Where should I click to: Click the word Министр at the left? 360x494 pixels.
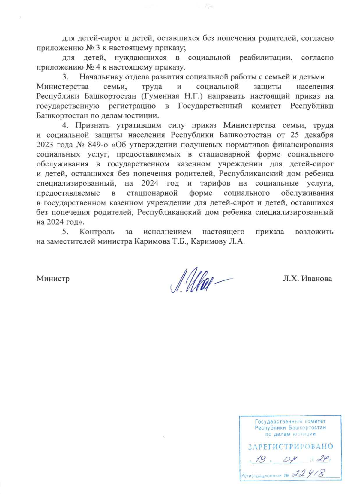[x=53, y=279]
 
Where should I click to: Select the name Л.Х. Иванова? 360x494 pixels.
[x=307, y=279]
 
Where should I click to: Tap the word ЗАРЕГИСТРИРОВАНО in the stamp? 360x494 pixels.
[x=290, y=447]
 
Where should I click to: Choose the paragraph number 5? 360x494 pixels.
[x=65, y=232]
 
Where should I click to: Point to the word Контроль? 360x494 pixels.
[x=97, y=232]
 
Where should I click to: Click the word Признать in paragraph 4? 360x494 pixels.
[x=92, y=125]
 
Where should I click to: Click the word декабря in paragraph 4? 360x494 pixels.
[x=319, y=135]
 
